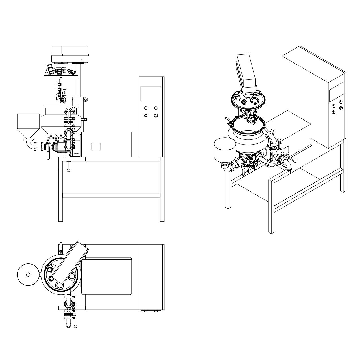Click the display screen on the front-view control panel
pos(150,93)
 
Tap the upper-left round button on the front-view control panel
pos(146,108)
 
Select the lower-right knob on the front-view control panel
pos(156,115)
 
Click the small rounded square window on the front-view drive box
pos(96,147)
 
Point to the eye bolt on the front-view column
pos(85,99)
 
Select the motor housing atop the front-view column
pos(69,54)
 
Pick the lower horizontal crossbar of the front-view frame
pos(111,195)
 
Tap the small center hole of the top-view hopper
pos(28,274)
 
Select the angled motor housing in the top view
pos(70,263)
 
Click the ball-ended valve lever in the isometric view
pos(295,161)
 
